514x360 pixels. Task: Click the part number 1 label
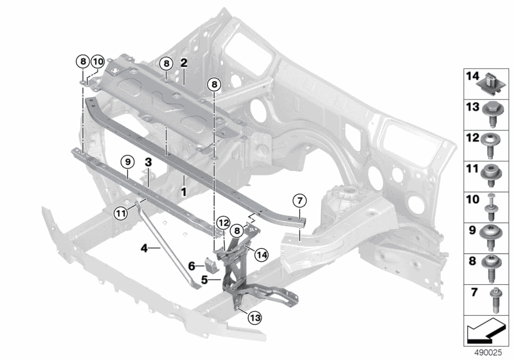coord(184,191)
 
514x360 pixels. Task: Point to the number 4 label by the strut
coord(145,247)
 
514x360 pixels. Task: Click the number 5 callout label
coord(204,280)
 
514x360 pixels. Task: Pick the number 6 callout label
coord(191,264)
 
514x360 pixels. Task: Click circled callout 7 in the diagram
coord(300,200)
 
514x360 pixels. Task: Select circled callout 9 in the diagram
coord(127,161)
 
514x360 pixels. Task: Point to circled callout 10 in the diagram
coord(96,62)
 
